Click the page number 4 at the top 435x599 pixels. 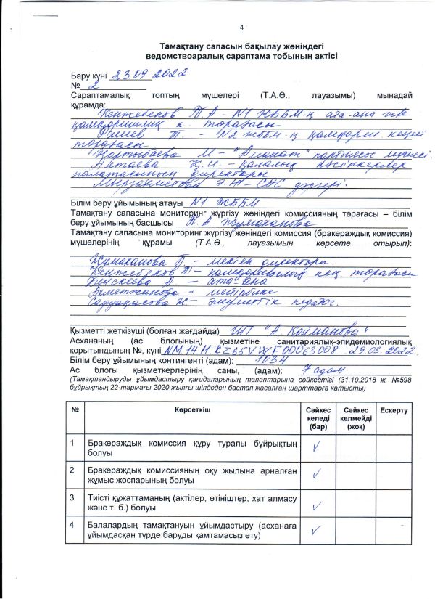pos(241,28)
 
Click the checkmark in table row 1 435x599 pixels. pos(315,447)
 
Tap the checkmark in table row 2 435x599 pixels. pos(315,474)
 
